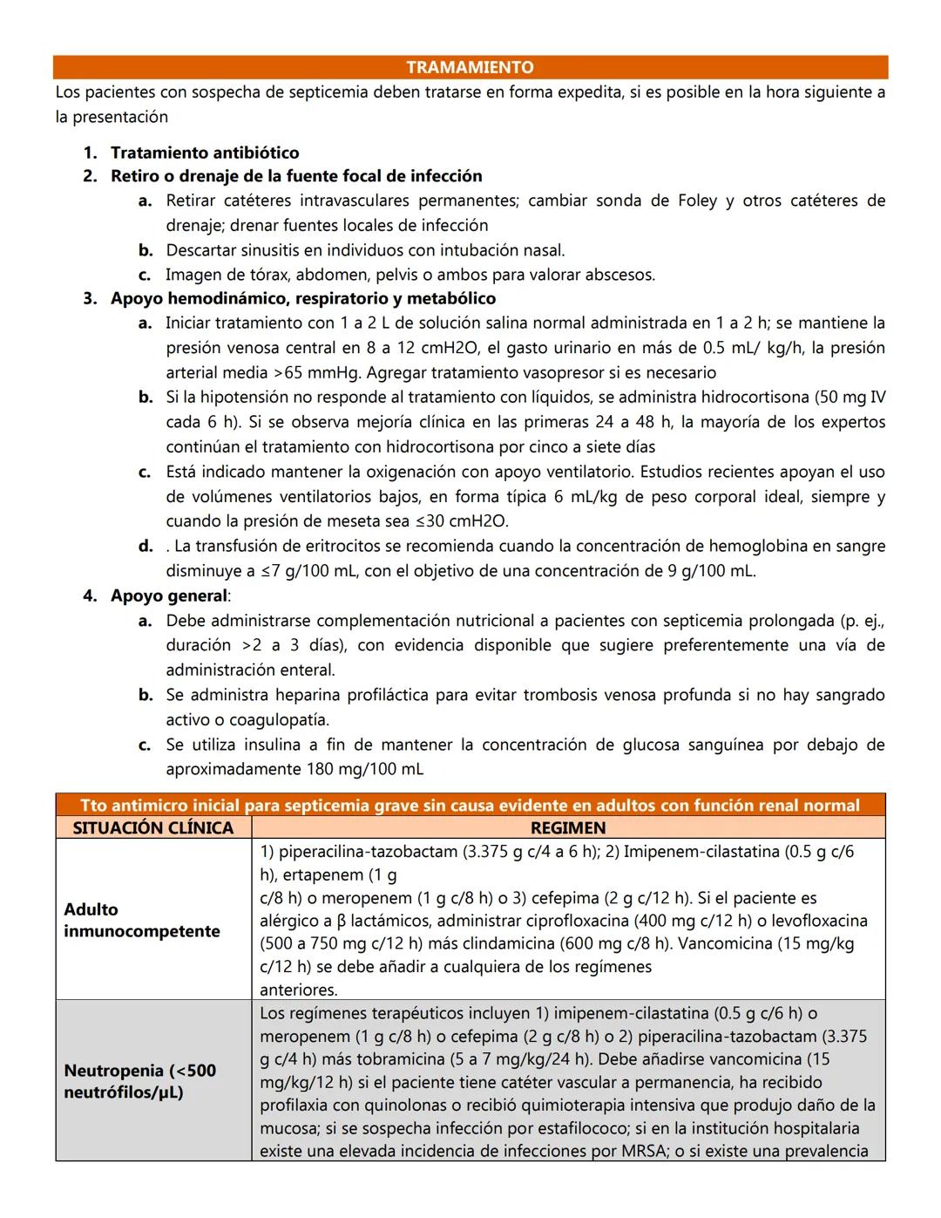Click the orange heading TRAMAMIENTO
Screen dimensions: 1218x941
pyautogui.click(x=470, y=67)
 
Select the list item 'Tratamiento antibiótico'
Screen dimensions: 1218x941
pyautogui.click(x=204, y=153)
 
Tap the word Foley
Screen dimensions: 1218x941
pyautogui.click(x=697, y=201)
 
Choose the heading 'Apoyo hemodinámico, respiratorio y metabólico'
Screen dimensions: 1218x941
pyautogui.click(x=302, y=299)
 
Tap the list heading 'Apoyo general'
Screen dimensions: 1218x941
pyautogui.click(x=169, y=596)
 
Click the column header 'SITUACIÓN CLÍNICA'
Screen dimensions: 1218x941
pyautogui.click(x=153, y=827)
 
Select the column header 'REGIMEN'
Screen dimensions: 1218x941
pyautogui.click(x=567, y=827)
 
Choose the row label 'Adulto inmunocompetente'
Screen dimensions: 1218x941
pyautogui.click(x=142, y=920)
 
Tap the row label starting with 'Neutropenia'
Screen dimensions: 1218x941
pyautogui.click(x=139, y=1081)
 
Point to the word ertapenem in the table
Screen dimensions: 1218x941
pyautogui.click(x=317, y=874)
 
